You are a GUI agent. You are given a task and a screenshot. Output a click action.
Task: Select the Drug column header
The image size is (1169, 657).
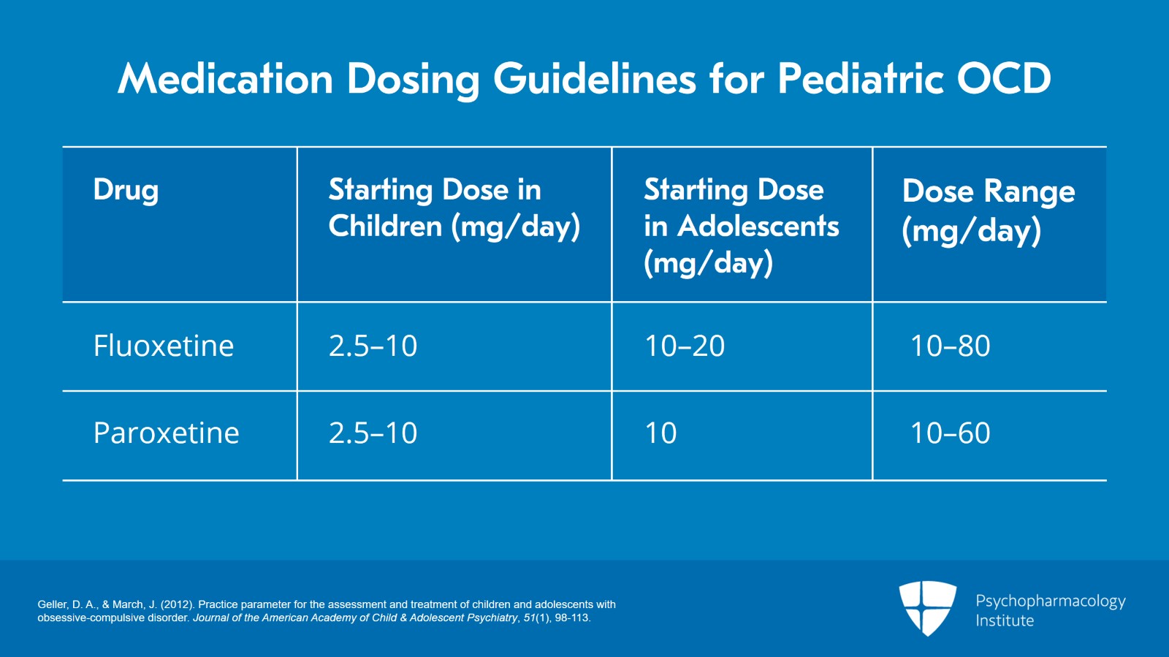coord(126,190)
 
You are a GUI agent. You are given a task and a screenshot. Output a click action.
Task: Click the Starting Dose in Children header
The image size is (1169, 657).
coord(454,208)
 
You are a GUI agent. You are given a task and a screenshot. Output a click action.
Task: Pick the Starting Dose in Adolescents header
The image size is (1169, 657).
coord(740,226)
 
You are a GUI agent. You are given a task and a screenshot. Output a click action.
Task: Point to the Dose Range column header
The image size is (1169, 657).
coord(988,210)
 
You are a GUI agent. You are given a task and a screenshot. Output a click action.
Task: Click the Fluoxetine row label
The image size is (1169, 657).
coord(164,346)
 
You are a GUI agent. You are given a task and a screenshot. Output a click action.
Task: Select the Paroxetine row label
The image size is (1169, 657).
coord(167,433)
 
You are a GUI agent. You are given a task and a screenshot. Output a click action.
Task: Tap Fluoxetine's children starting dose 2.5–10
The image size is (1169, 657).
coord(373,346)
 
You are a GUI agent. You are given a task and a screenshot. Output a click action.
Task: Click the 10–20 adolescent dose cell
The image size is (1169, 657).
coord(685,346)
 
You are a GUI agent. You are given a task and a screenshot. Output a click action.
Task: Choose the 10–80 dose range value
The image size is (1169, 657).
coord(950,346)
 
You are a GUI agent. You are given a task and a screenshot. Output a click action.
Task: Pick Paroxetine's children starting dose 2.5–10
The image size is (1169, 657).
coord(373,433)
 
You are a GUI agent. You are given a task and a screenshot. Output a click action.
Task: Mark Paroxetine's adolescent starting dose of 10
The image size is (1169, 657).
coord(660,433)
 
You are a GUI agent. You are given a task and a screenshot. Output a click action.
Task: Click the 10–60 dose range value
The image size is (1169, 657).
coord(950,433)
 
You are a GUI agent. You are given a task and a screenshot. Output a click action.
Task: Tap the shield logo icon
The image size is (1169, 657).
coord(927,607)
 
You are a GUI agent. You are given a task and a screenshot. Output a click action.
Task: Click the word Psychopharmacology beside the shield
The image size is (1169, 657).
coord(1050,601)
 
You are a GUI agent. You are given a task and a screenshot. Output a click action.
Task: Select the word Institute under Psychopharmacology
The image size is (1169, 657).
coord(1005,620)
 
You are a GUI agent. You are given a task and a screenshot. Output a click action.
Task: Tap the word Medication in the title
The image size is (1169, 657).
coord(226,79)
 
